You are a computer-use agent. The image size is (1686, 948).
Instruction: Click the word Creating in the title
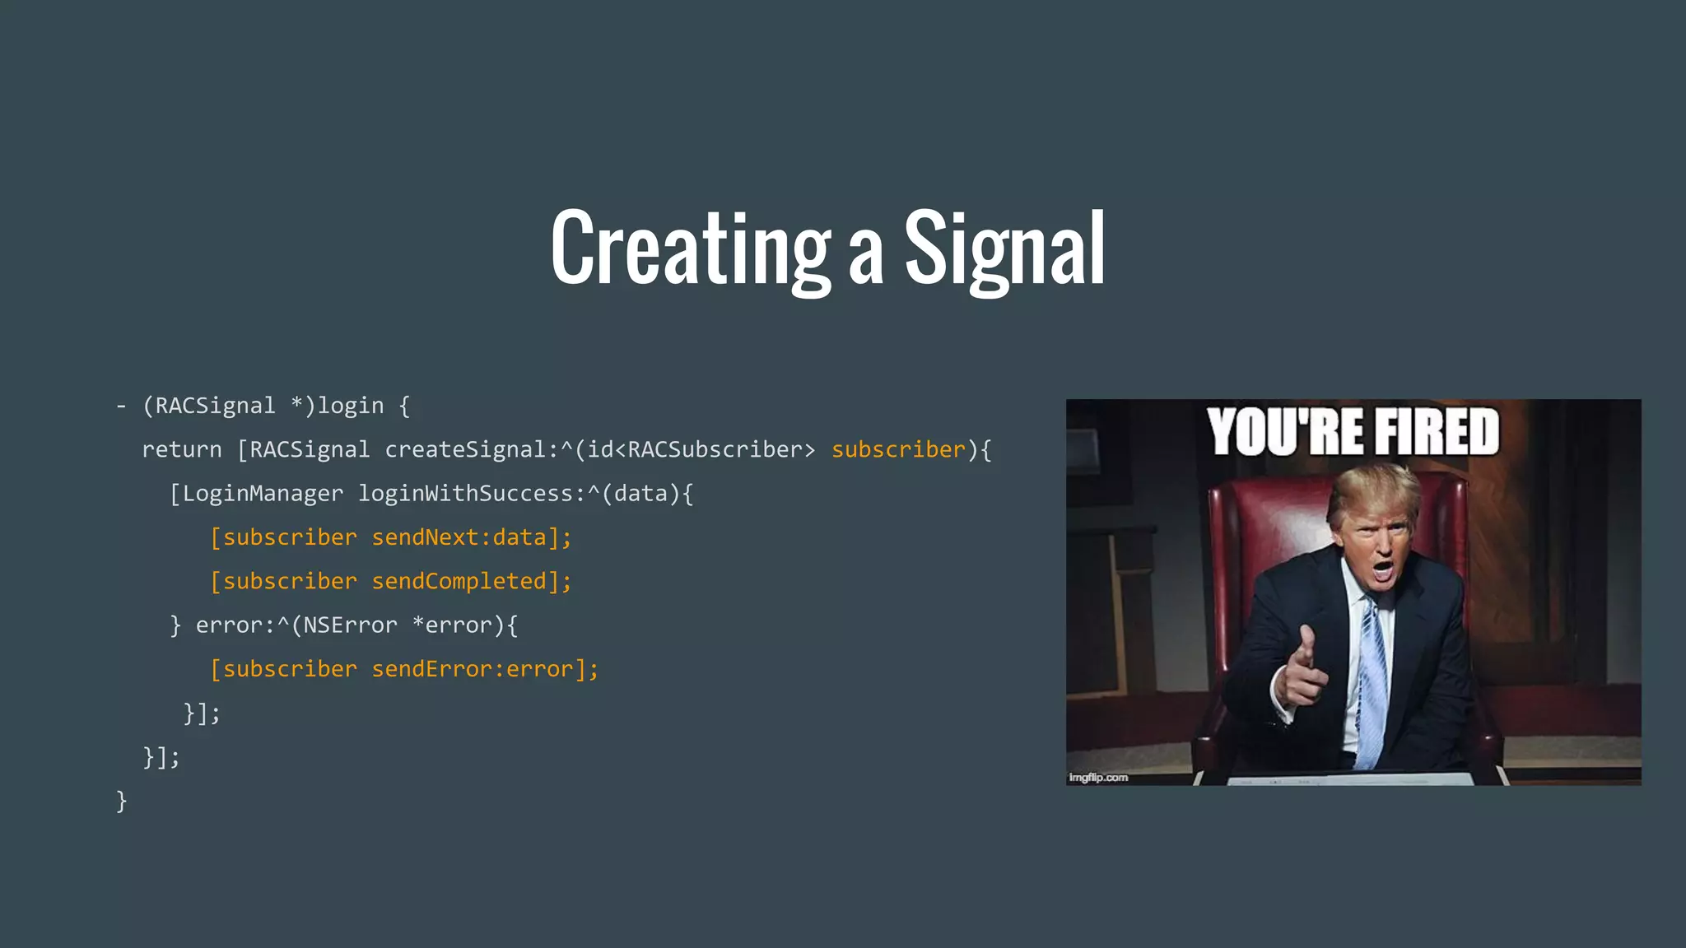(690, 248)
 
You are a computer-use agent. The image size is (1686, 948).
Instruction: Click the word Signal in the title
(1004, 248)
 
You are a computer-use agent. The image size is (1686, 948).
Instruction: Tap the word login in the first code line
(351, 406)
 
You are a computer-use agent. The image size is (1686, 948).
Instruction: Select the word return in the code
(182, 450)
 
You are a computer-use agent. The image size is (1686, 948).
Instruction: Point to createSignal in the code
(465, 450)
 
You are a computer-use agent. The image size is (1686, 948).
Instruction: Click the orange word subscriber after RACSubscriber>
(898, 450)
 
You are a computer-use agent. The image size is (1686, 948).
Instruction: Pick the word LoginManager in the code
(263, 494)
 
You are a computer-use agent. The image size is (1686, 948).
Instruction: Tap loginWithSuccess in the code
(465, 494)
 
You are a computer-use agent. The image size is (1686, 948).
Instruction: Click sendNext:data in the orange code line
(459, 537)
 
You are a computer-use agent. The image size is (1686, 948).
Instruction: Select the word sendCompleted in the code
(459, 582)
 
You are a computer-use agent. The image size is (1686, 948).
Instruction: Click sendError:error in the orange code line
(472, 669)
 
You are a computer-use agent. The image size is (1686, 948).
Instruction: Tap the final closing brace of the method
(122, 800)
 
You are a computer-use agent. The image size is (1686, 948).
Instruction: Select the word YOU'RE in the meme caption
(1284, 432)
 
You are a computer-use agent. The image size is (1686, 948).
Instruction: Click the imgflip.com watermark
(1098, 777)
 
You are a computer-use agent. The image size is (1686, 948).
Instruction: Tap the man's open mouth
(1383, 569)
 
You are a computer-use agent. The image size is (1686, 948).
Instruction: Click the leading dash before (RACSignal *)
(122, 407)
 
